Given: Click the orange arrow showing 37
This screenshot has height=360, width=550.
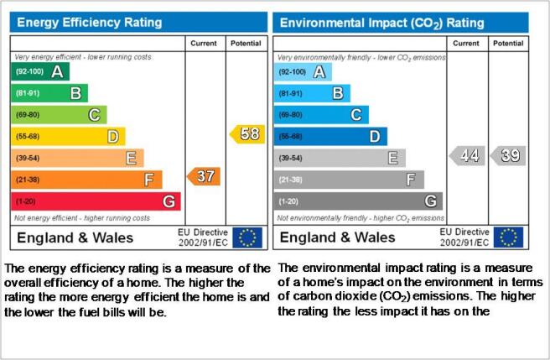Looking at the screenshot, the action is click(204, 176).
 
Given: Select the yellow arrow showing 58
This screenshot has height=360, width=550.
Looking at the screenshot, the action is click(247, 134).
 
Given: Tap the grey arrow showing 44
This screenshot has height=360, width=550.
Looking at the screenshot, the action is click(467, 155).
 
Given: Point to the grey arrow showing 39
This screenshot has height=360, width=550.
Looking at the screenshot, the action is click(508, 155).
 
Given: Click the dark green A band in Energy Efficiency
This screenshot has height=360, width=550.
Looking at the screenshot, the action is click(40, 71).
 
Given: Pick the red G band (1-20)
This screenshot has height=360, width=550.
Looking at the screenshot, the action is click(96, 201).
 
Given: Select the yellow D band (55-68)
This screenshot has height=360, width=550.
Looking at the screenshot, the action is click(68, 136).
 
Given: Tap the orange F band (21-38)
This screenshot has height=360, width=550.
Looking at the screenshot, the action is click(86, 180).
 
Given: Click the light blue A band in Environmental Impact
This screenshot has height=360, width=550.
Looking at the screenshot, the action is click(303, 72).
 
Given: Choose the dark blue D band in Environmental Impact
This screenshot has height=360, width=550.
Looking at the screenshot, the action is click(330, 136).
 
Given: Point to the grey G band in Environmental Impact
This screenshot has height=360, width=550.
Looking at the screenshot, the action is click(358, 201).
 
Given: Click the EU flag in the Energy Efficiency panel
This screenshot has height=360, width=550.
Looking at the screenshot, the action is click(247, 237).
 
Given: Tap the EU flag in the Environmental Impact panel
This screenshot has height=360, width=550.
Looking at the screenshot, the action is click(508, 237).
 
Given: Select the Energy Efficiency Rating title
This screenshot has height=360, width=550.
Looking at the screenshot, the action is click(90, 23).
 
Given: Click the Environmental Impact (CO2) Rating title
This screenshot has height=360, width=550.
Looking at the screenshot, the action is click(382, 23).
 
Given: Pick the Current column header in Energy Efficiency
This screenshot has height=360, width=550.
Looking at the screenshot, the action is click(204, 43).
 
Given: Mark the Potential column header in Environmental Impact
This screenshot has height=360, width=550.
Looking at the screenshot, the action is click(508, 43).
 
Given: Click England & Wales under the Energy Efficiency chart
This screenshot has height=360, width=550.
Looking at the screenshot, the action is click(75, 237).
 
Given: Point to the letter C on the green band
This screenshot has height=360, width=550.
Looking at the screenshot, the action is click(94, 115).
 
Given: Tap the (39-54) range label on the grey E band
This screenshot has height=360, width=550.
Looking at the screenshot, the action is click(291, 158).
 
